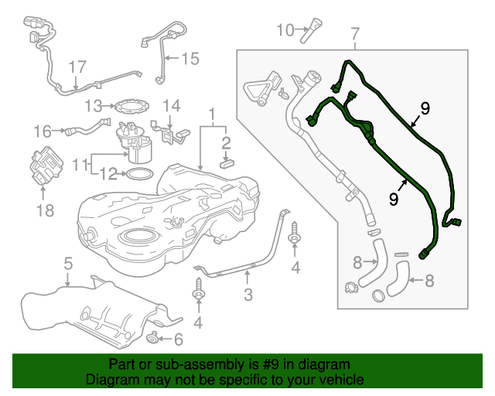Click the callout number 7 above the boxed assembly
coord(355,34)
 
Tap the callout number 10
coord(285,30)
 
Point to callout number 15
coord(189,57)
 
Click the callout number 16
coord(43,131)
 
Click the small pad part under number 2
coord(226,162)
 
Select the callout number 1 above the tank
coord(211,116)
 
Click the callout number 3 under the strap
coord(248,294)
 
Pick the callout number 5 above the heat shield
coord(68,264)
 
